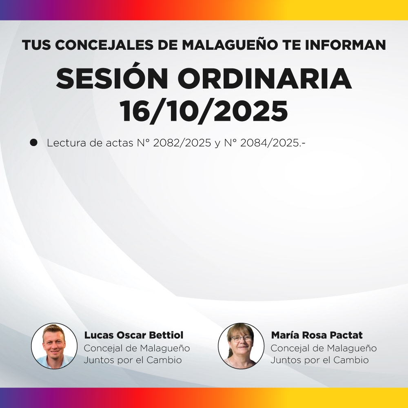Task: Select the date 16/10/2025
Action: pos(204,111)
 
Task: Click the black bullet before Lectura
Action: pos(34,143)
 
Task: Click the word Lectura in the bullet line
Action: pos(65,144)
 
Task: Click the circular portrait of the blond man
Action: pos(54,346)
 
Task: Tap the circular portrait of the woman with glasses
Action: pos(241,346)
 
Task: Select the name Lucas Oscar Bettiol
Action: pos(134,335)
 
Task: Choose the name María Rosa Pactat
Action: pos(317,335)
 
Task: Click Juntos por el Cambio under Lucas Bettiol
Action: pos(133,360)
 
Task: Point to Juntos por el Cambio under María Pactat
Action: pos(319,360)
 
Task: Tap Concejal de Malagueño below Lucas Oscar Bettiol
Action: pos(137,348)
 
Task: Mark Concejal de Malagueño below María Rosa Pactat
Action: pos(324,348)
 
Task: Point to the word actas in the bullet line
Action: pos(110,144)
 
